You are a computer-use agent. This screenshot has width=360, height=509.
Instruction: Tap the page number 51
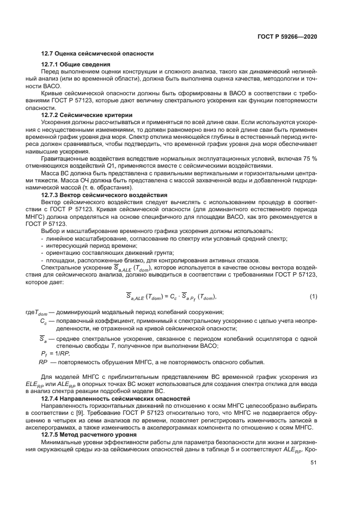[x=313, y=462]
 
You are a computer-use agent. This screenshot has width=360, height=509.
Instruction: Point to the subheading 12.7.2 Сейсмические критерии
[x=87, y=115]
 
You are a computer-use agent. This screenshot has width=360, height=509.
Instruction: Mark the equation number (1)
[x=313, y=296]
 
